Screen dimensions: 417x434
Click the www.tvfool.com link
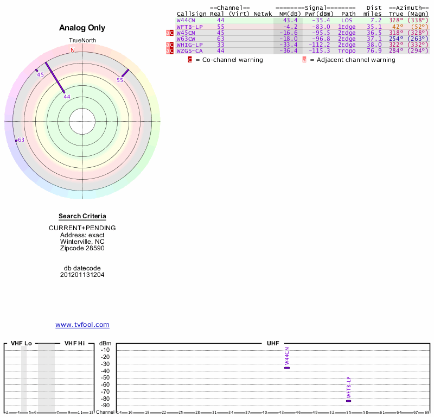click(82, 325)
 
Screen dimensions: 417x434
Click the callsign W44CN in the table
click(186, 20)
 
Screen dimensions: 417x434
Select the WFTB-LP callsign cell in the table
click(189, 26)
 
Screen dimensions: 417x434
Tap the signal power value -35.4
click(321, 20)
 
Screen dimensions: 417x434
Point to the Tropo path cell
click(347, 50)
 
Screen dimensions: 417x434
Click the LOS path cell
click(347, 20)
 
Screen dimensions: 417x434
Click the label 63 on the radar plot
click(21, 140)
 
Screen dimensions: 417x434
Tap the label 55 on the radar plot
click(120, 80)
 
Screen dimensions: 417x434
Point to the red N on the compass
click(73, 50)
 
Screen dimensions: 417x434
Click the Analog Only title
click(82, 28)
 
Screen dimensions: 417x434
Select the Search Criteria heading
click(82, 216)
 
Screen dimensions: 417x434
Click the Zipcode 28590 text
click(82, 248)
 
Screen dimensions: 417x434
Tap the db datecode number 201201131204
click(82, 275)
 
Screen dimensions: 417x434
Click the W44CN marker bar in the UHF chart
click(287, 368)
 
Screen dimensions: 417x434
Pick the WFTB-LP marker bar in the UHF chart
click(348, 401)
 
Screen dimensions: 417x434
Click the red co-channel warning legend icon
click(190, 60)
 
